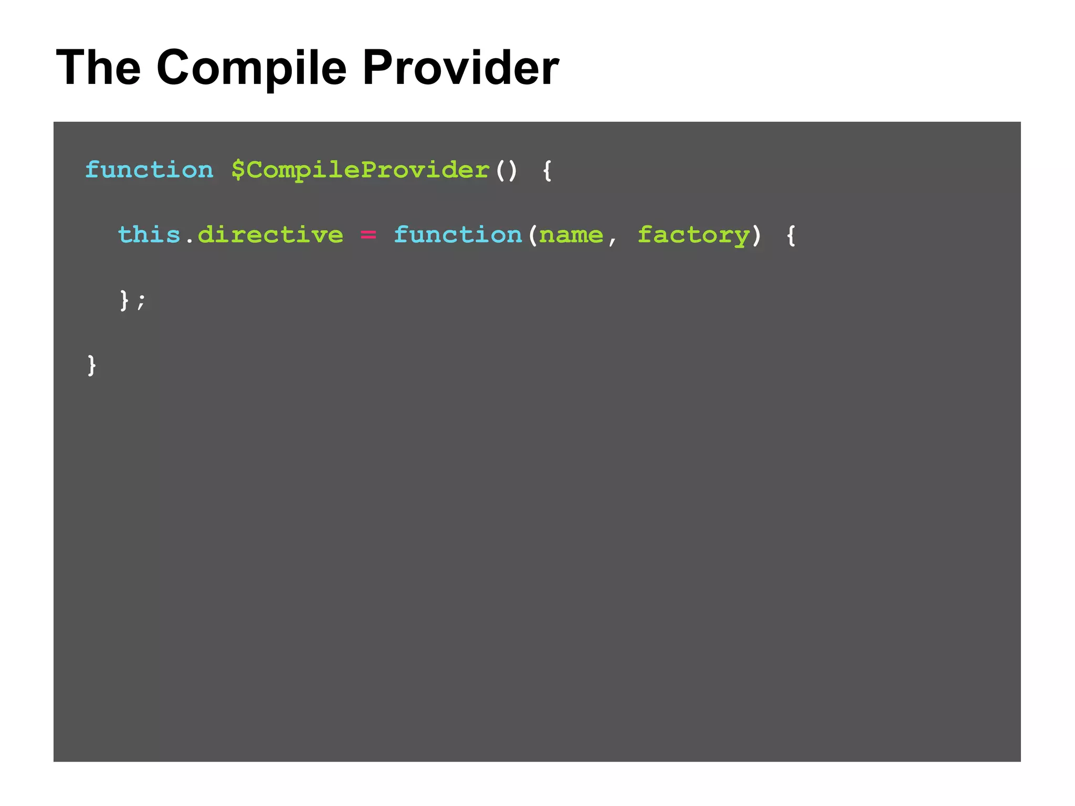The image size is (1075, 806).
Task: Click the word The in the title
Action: pos(98,68)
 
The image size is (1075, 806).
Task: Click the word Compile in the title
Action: pos(251,68)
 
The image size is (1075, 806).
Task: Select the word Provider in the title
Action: pos(460,68)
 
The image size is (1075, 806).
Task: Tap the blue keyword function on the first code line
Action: pos(150,170)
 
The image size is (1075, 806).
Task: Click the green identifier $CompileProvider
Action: pos(361,170)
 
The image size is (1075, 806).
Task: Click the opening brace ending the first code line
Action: pos(547,170)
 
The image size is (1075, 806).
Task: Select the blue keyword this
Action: pos(150,234)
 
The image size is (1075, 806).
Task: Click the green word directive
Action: pos(270,234)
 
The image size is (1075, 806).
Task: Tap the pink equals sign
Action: pos(368,234)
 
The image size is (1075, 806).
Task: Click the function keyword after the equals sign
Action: pos(458,234)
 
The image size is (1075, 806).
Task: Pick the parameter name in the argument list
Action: pos(571,234)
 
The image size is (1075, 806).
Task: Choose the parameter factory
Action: pos(693,234)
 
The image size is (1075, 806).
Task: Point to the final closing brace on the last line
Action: pos(92,364)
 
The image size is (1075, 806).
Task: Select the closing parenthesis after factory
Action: pos(756,234)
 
